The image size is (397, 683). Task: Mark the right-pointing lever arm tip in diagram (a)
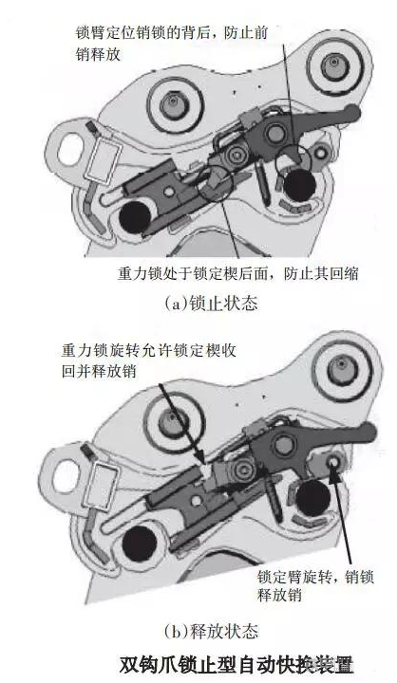pyautogui.click(x=351, y=115)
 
